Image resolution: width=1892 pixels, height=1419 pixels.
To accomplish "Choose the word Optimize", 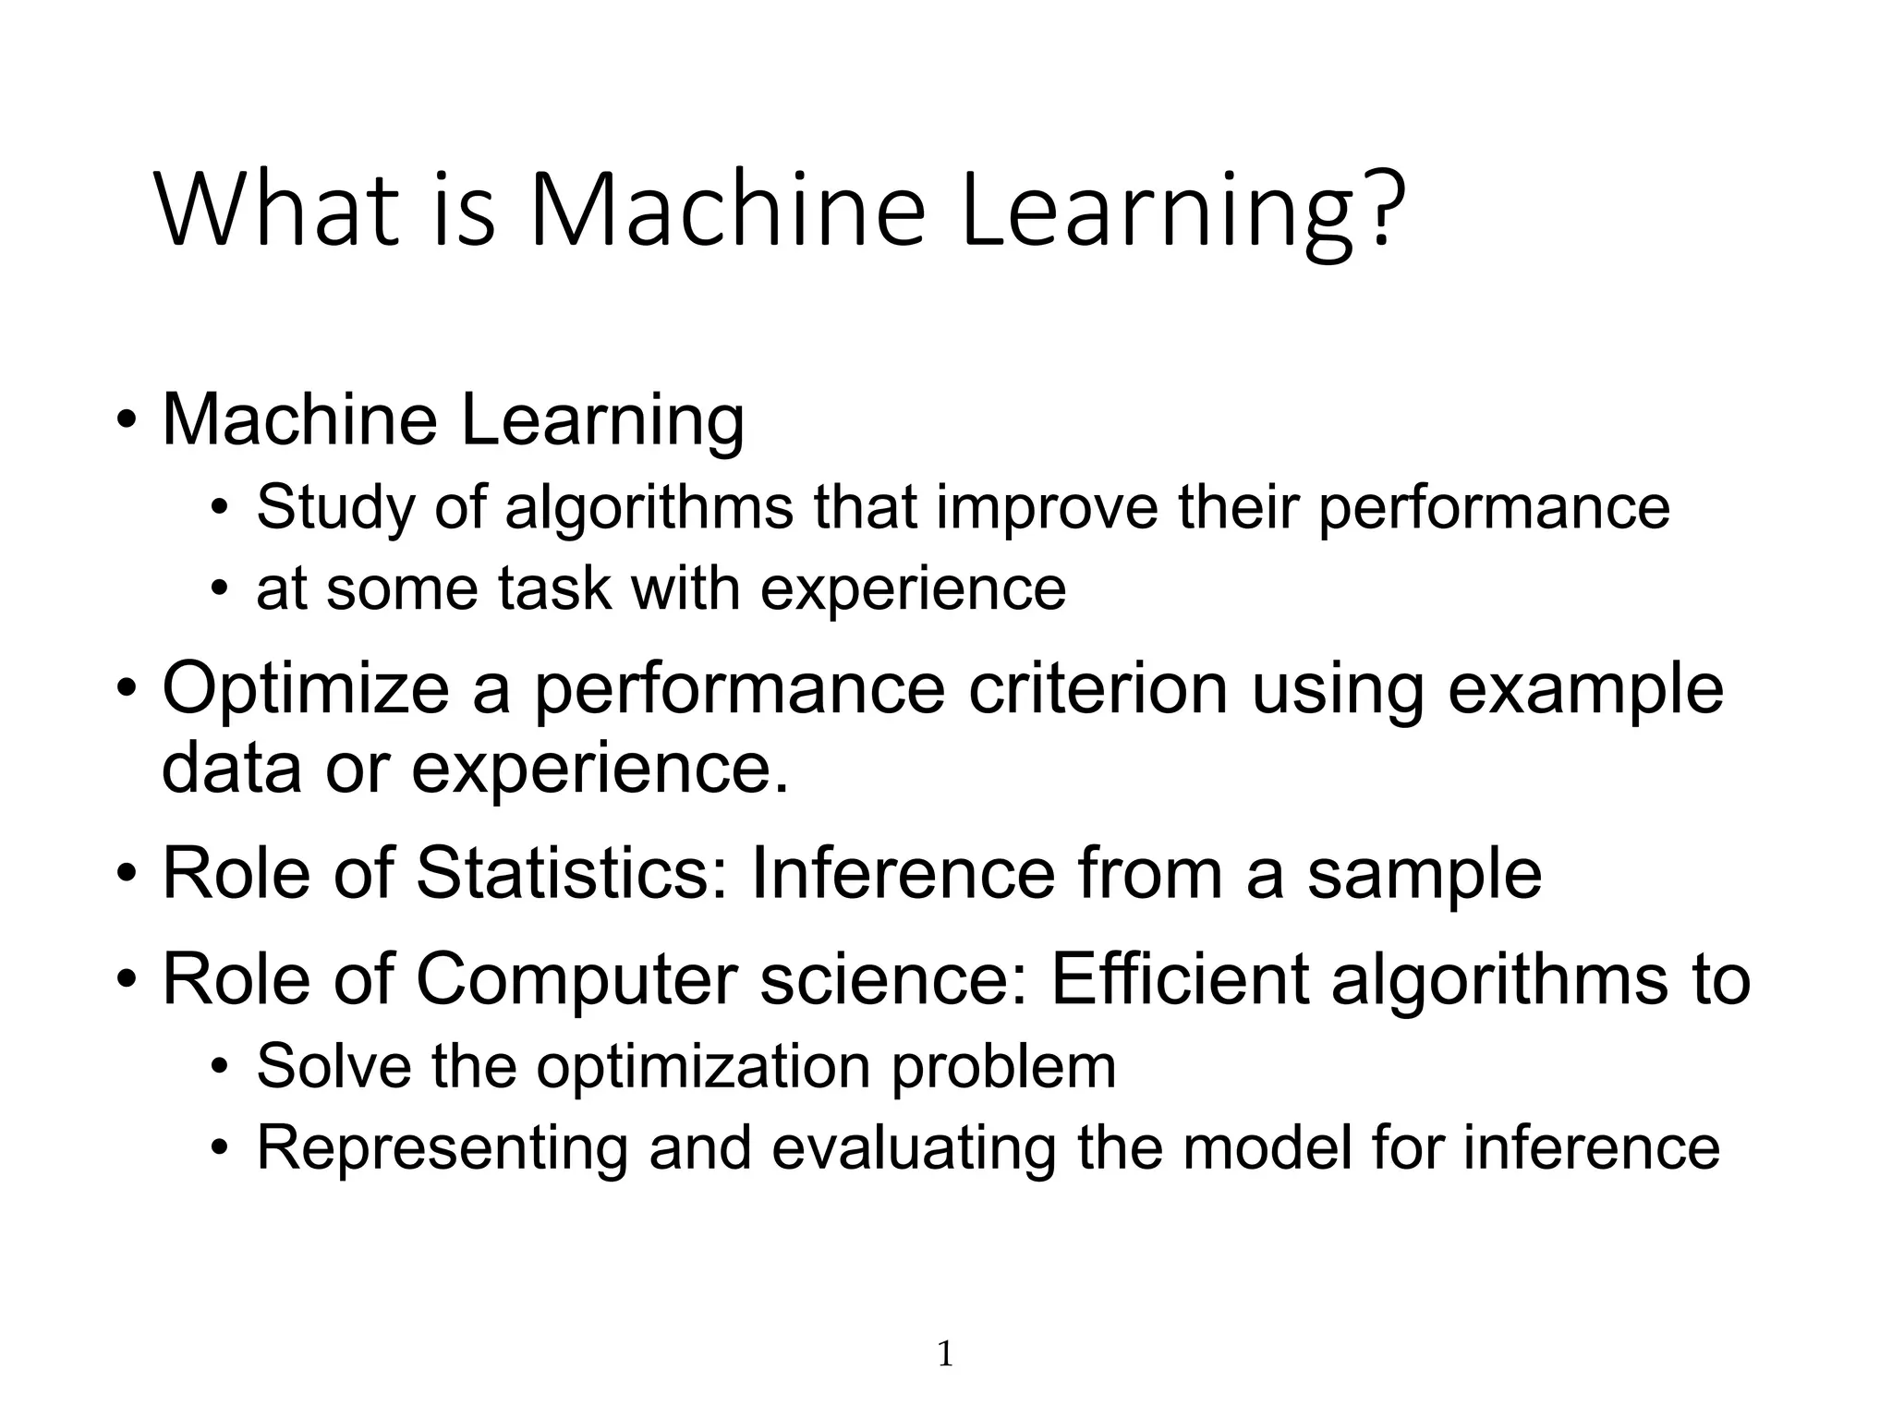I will (x=305, y=690).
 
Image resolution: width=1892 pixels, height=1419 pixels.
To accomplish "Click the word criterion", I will (x=1098, y=688).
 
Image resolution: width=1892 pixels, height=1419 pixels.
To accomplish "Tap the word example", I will (x=1585, y=690).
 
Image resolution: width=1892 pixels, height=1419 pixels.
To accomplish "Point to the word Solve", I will (x=334, y=1066).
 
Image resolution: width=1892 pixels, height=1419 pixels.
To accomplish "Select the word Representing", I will (x=442, y=1148).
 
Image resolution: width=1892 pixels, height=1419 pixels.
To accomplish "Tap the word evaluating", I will (x=913, y=1148).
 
